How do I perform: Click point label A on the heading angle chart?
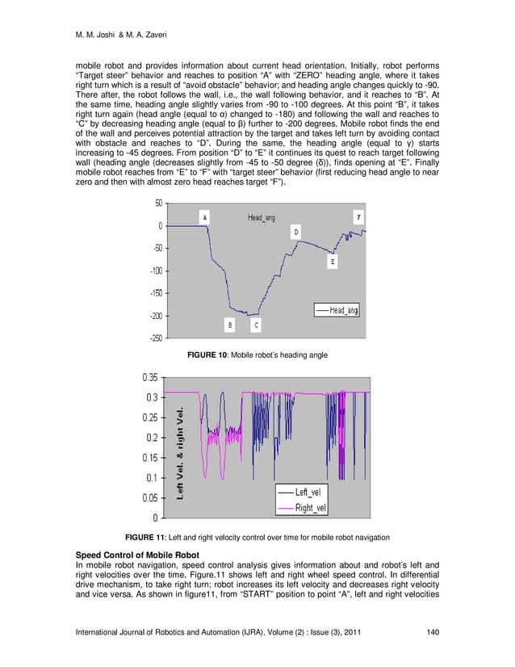click(205, 217)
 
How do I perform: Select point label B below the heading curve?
click(230, 325)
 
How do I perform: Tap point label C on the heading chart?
click(256, 325)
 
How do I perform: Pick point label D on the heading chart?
click(296, 232)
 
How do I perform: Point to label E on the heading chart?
click(333, 262)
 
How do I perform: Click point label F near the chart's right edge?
click(358, 217)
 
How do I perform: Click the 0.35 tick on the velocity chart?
click(152, 377)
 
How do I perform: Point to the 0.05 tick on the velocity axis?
click(152, 497)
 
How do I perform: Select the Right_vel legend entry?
click(311, 508)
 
